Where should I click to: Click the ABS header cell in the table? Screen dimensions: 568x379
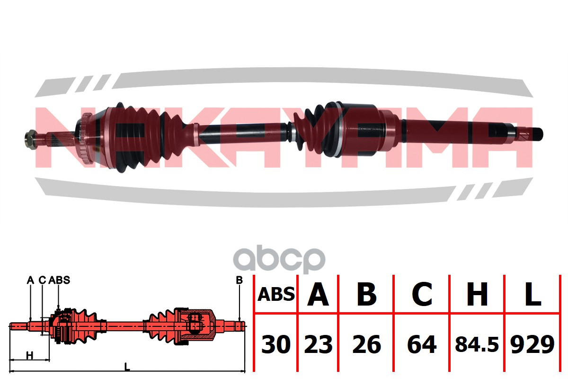tap(276, 295)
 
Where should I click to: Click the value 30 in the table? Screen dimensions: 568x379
tap(276, 344)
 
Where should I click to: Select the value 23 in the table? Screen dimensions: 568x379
tap(318, 344)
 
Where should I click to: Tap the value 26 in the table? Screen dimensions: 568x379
tap(367, 344)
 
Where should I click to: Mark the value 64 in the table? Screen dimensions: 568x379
tap(422, 344)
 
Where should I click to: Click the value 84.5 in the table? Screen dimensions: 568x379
tap(477, 344)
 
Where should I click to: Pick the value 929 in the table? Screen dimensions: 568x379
tap(532, 344)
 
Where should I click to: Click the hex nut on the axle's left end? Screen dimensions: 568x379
tap(30, 139)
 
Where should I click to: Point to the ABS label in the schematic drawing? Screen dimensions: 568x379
tap(59, 280)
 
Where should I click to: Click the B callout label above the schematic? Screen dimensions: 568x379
tap(239, 280)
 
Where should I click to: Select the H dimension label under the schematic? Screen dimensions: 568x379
tap(30, 356)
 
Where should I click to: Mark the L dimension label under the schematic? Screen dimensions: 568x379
tap(127, 367)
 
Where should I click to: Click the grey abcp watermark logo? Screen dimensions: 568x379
tap(279, 259)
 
